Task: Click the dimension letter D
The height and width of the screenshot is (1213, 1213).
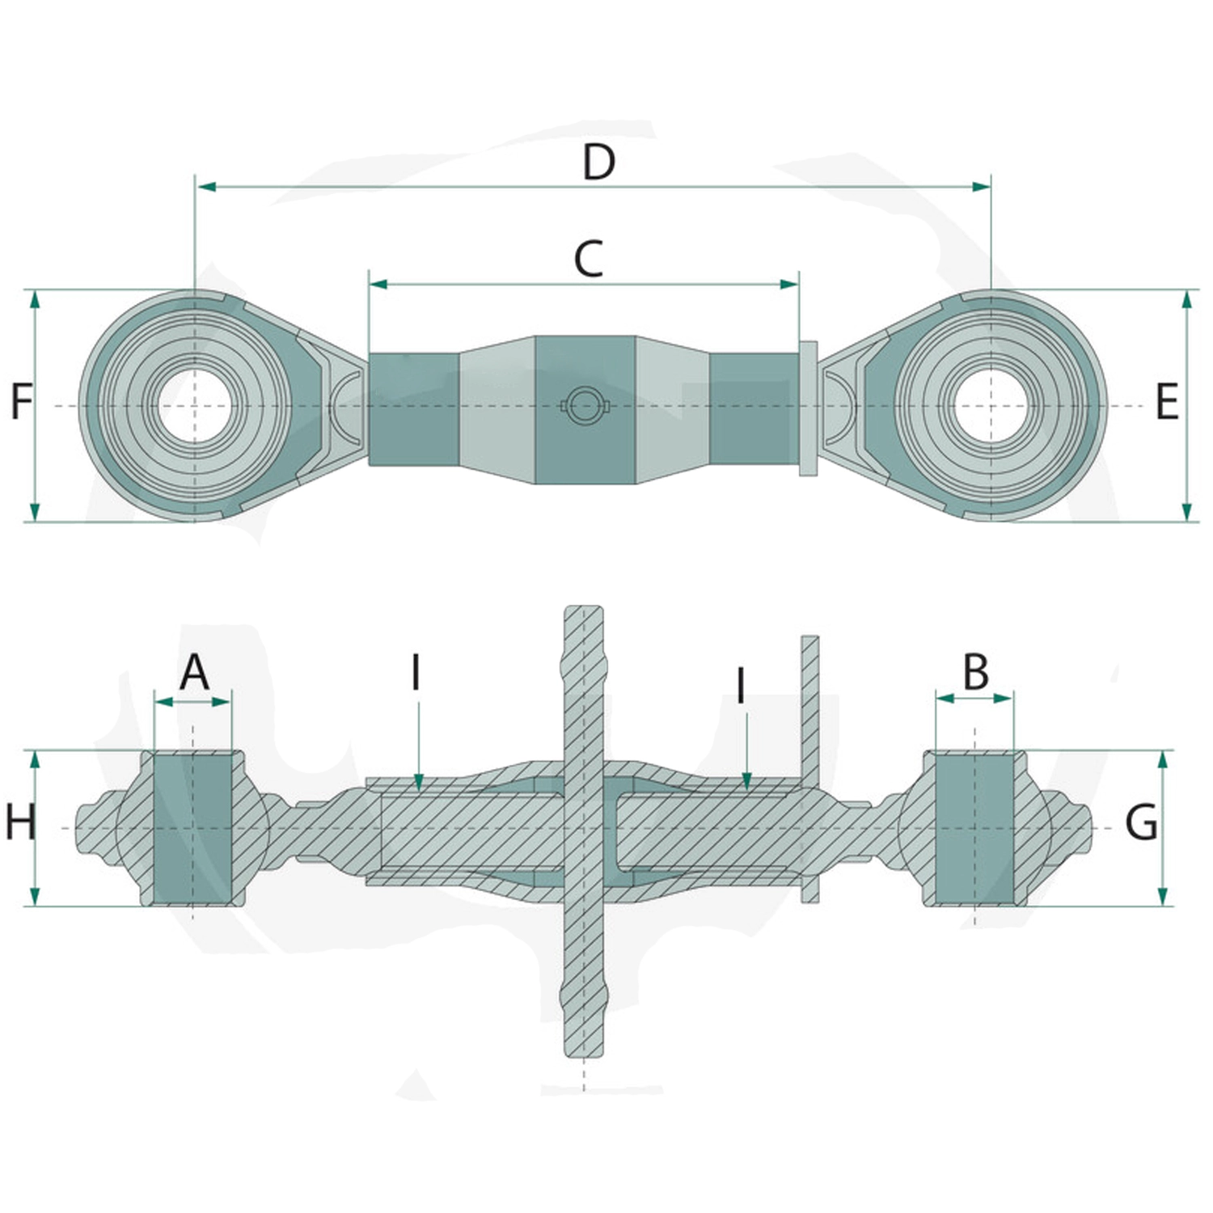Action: coord(599,162)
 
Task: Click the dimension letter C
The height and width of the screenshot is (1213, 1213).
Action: coord(589,259)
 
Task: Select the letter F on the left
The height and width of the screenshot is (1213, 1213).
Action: coord(22,401)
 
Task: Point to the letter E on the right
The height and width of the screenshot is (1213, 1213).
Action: coord(1167,401)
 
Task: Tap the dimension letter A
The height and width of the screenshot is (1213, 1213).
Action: coord(194,672)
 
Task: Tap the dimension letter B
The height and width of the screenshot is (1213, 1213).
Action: coord(976,671)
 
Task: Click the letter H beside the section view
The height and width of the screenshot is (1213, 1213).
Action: coord(20,822)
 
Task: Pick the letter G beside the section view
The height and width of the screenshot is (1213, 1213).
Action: coord(1141,823)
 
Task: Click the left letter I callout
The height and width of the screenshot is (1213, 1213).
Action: coord(416,672)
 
